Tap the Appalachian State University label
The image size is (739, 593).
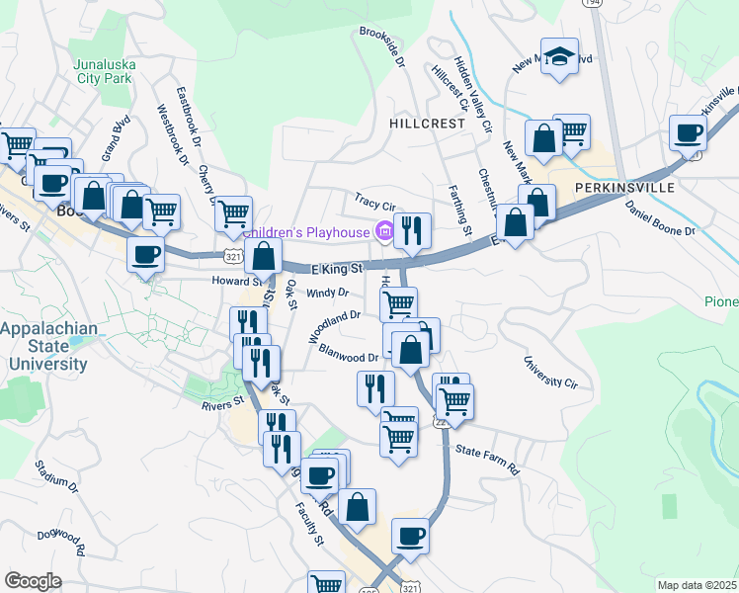(x=47, y=346)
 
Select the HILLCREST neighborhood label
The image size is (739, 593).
(x=427, y=124)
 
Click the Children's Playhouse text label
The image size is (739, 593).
(x=306, y=232)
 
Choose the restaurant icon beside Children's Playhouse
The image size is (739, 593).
(x=412, y=230)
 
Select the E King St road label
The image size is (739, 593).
(x=338, y=268)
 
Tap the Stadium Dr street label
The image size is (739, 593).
(x=55, y=475)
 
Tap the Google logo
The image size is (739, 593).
(x=33, y=581)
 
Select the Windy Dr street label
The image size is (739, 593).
(x=328, y=293)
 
